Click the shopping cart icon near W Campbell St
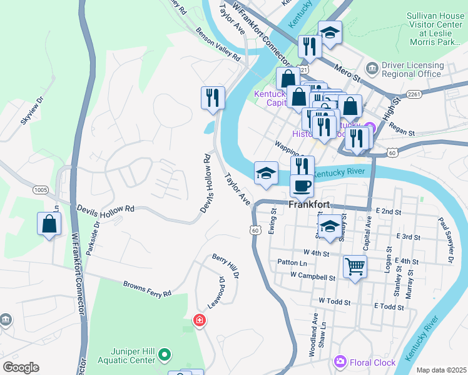[355, 267]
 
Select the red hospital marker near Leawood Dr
[200, 321]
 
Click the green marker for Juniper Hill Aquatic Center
[165, 355]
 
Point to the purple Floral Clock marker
[340, 362]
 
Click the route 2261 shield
[414, 94]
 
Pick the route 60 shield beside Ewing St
[255, 230]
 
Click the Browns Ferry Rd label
[147, 289]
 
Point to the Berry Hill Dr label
[225, 266]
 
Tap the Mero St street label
[349, 69]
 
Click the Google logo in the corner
[21, 367]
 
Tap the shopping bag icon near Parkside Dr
[49, 224]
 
